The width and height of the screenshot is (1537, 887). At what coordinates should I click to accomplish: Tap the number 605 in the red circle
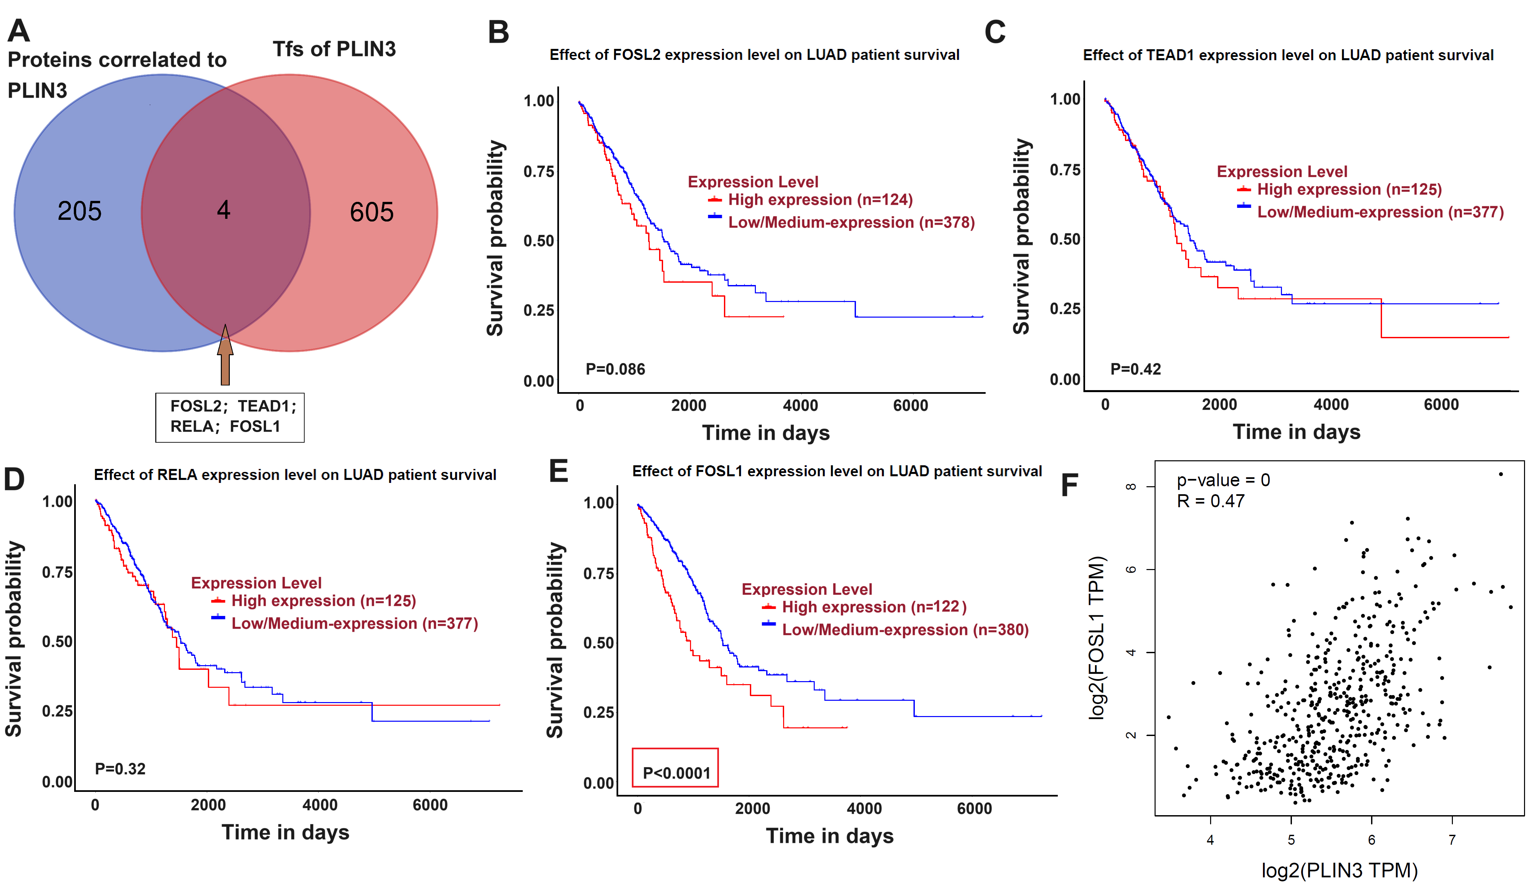pos(371,212)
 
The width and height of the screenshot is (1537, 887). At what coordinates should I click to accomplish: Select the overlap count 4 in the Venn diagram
pos(223,210)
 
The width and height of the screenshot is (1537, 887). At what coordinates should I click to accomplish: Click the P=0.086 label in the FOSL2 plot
pos(615,369)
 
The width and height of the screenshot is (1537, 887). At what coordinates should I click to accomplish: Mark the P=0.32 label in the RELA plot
pos(120,769)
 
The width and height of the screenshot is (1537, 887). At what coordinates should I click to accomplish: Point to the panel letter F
pos(1069,486)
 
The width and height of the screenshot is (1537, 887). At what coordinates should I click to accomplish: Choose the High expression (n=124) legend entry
pos(820,200)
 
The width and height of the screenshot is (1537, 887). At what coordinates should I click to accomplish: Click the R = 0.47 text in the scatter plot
pos(1210,502)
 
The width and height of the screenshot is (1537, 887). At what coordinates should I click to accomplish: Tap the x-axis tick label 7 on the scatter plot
pos(1452,840)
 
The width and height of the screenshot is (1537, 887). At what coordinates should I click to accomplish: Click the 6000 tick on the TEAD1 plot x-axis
pos(1441,404)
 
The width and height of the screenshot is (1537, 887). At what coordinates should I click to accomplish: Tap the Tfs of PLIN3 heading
pos(334,49)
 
